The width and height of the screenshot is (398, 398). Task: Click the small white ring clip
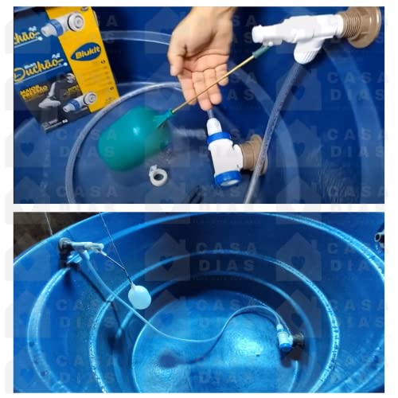coord(158,174)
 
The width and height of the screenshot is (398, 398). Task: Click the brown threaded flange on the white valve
coord(359,26)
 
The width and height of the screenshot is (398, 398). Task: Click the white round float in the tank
coord(139,297)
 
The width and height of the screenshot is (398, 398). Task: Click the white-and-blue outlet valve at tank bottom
coord(284,338)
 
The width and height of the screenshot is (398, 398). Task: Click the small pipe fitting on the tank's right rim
coord(379,237)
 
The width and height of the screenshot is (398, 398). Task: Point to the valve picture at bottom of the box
coord(78,102)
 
